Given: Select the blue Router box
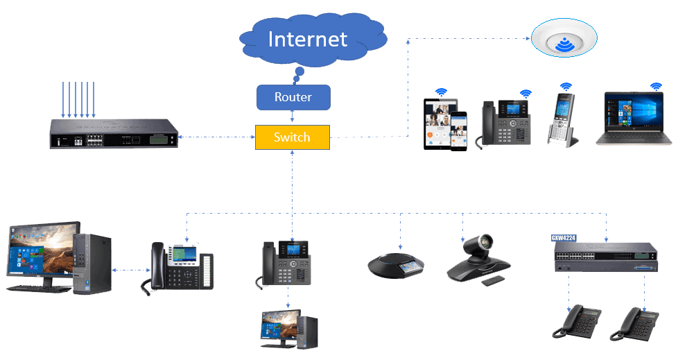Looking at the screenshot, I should pyautogui.click(x=293, y=97).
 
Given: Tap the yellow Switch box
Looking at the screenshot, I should pyautogui.click(x=292, y=137).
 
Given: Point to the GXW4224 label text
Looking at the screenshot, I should pyautogui.click(x=564, y=237).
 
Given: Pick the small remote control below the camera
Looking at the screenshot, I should pyautogui.click(x=493, y=280).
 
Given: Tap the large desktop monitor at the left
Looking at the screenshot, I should pyautogui.click(x=40, y=255).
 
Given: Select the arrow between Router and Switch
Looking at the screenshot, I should pyautogui.click(x=293, y=117).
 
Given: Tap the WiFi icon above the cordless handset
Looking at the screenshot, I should pyautogui.click(x=566, y=87).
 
